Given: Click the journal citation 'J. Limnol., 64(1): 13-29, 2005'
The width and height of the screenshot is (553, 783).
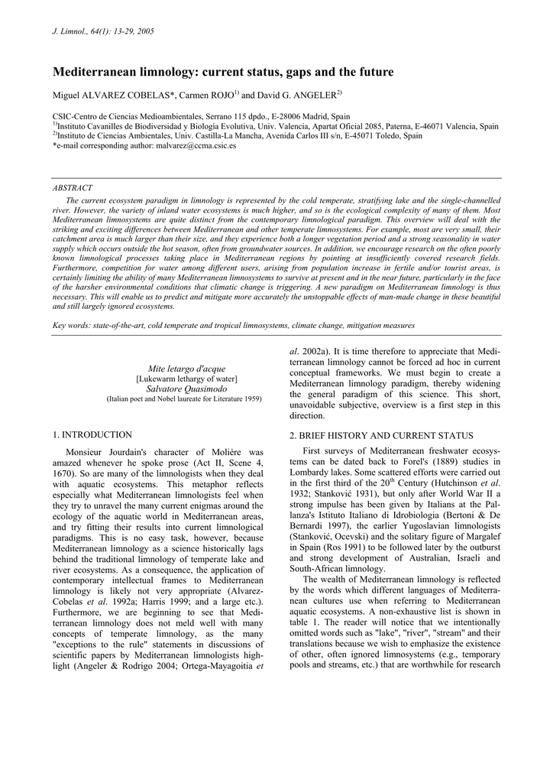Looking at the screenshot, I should coord(103,31).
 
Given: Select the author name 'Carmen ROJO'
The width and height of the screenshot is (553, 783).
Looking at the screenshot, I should coord(204,96).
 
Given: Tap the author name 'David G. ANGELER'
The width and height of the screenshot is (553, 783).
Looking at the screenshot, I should coord(294,96).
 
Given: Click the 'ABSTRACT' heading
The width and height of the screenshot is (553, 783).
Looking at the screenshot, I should coord(73,188).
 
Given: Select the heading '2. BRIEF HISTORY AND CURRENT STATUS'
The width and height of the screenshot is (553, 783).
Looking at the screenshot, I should coord(369,435).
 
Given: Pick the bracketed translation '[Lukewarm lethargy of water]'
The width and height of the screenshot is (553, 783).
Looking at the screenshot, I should coord(187,379).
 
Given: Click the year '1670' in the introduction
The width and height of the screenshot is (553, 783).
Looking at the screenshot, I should coord(63,474).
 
